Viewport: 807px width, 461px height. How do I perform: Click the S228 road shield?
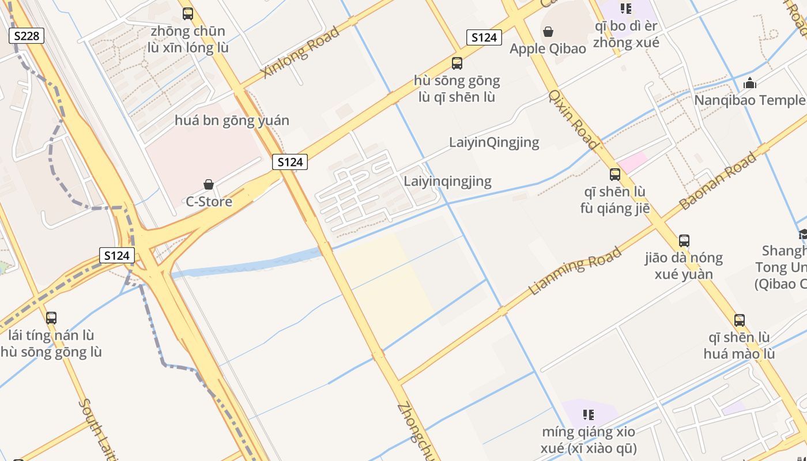pos(27,36)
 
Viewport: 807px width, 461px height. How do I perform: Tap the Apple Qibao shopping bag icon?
pos(548,32)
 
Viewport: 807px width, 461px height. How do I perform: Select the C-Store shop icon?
pos(209,184)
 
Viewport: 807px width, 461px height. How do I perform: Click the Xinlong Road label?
pos(300,52)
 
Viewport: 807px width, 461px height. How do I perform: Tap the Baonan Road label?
pos(718,181)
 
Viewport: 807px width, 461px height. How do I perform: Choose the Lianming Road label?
pos(575,271)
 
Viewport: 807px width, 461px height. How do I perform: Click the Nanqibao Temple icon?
pos(750,83)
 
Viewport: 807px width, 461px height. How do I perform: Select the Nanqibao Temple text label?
pos(749,100)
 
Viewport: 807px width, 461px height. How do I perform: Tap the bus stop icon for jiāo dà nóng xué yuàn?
pos(684,240)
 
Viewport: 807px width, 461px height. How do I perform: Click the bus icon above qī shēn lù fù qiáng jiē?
pos(615,174)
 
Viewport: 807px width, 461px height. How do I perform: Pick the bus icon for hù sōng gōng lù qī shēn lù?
pos(457,63)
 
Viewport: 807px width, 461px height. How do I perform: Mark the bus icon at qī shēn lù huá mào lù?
pos(740,320)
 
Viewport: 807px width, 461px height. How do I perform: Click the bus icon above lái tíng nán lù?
pos(51,318)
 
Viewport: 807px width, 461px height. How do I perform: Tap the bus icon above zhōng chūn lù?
pos(188,14)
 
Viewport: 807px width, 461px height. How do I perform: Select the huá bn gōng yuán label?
pos(232,120)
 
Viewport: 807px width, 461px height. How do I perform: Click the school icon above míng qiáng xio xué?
pos(589,414)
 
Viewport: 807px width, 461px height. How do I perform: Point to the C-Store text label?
pos(209,202)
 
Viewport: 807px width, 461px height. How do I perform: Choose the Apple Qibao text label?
pos(548,48)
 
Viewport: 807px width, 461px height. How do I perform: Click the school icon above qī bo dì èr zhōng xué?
pos(626,9)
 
